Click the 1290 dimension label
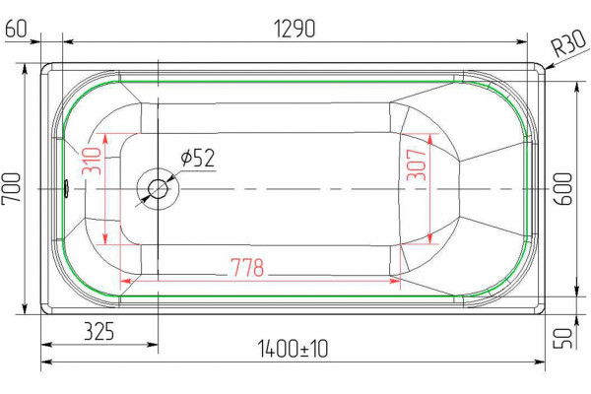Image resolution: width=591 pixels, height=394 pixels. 294,29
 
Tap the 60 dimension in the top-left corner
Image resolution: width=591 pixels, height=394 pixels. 16,29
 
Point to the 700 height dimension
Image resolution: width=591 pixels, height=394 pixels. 11,188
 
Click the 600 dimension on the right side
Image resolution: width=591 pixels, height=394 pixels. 562,188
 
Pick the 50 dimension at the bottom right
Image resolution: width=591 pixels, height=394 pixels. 562,338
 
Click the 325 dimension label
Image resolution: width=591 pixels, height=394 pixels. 98,331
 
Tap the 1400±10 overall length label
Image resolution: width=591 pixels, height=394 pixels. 293,349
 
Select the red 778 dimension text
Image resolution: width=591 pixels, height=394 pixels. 247,267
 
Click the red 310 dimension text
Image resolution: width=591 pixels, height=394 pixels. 92,161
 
